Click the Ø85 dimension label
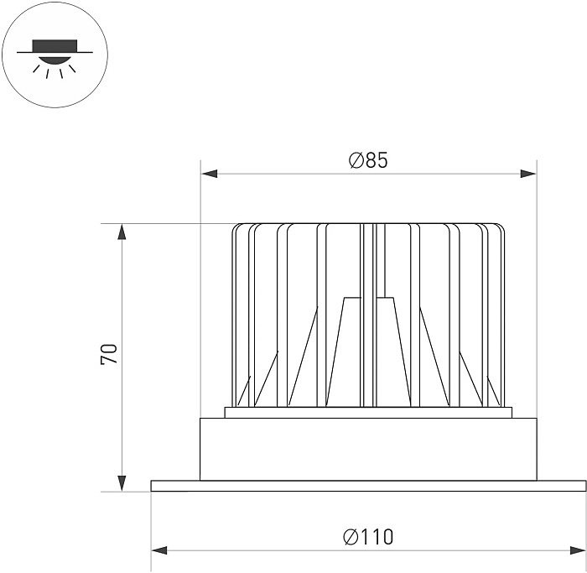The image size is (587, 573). (x=368, y=160)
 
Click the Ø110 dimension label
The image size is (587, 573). (x=368, y=537)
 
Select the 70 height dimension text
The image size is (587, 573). (x=109, y=354)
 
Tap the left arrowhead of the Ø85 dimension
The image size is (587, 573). (x=210, y=174)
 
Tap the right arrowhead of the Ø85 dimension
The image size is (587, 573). (x=528, y=174)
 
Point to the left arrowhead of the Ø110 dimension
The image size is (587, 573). (x=159, y=550)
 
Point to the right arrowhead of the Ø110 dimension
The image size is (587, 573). (x=578, y=550)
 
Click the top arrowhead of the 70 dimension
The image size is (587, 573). (x=122, y=232)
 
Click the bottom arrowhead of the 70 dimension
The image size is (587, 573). (x=122, y=483)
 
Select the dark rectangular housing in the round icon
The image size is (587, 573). (x=55, y=45)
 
